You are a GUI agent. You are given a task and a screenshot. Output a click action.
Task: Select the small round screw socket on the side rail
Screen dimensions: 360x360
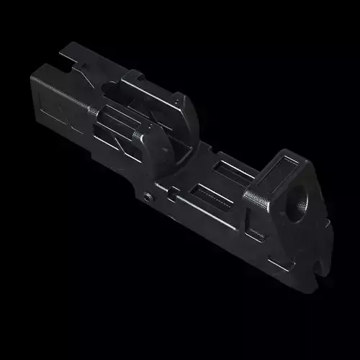148,196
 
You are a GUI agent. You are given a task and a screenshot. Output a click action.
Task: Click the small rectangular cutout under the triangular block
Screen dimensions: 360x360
254,233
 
